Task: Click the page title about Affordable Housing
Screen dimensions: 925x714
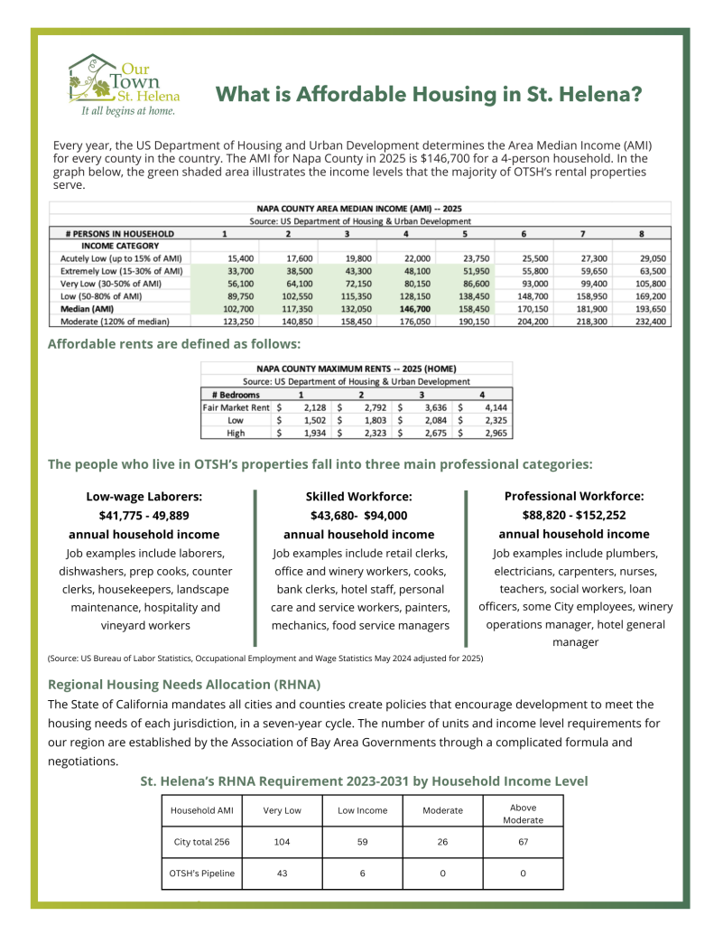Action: point(428,94)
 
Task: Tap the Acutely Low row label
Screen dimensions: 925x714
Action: point(120,257)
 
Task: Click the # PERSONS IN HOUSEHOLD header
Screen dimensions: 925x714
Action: point(119,233)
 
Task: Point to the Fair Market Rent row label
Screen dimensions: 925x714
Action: point(235,407)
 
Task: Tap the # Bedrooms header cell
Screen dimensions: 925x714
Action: point(235,395)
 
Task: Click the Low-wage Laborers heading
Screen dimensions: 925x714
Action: point(144,496)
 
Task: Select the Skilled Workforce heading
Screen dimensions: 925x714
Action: point(358,496)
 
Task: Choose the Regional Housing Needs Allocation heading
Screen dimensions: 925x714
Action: point(184,684)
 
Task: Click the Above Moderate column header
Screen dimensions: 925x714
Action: point(523,813)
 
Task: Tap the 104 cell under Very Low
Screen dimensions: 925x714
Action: point(282,842)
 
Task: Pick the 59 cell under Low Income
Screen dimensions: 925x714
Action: point(362,842)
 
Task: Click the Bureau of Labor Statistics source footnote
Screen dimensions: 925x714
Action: point(265,659)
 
